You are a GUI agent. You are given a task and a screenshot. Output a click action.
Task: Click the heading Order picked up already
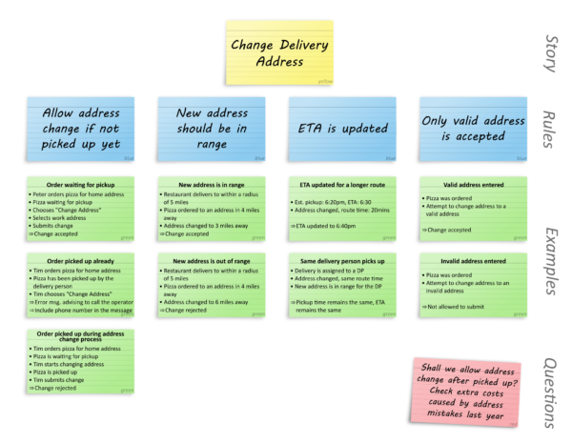coord(80,260)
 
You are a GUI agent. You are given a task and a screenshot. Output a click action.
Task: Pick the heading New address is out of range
coord(211,260)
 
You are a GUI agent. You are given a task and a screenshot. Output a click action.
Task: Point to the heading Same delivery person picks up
coord(341,260)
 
